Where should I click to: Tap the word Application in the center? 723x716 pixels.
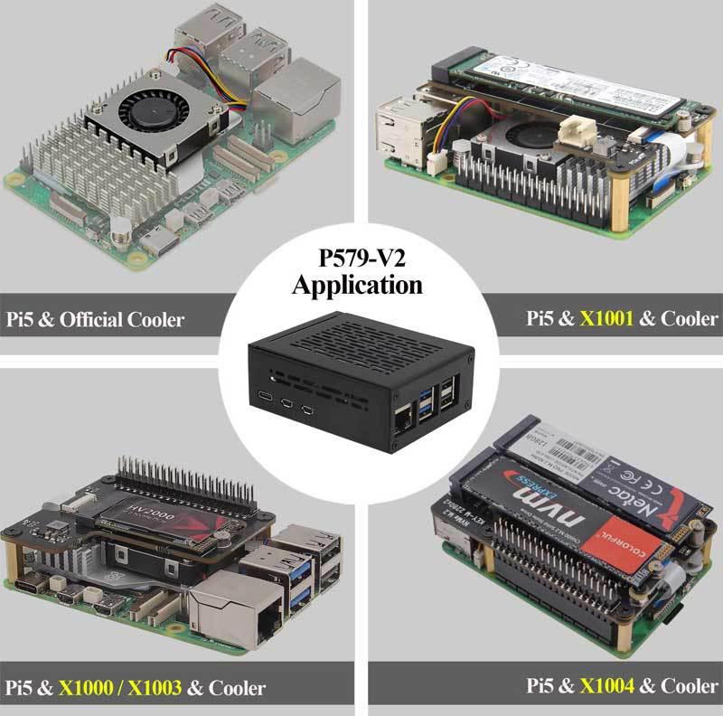pos(357,287)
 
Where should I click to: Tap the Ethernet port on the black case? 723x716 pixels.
pos(401,419)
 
